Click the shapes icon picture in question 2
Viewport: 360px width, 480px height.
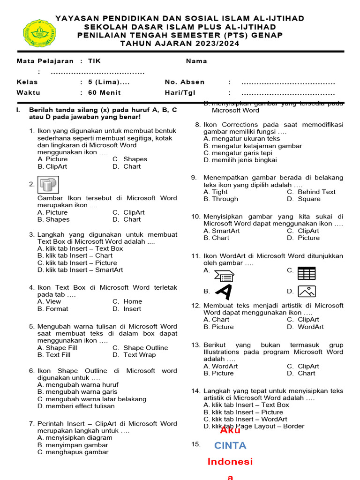tap(47, 185)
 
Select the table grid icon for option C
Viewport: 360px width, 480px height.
tap(307, 273)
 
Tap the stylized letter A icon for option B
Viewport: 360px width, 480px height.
tap(224, 292)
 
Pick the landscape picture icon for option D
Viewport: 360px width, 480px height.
tap(307, 291)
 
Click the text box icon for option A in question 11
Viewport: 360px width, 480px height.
tap(224, 276)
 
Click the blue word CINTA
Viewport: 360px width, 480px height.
tap(230, 445)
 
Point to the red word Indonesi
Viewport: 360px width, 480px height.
tap(230, 462)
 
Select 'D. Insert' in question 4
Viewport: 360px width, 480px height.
tap(127, 309)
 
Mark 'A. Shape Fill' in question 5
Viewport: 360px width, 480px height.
tap(57, 348)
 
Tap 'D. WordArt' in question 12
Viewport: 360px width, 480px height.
tap(305, 327)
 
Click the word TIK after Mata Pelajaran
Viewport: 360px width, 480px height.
tap(94, 61)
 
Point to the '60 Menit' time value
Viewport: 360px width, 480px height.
tap(104, 93)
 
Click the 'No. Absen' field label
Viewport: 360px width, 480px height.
tap(185, 82)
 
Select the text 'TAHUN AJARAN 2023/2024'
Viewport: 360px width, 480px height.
tap(180, 44)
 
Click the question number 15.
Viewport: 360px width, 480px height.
tap(196, 444)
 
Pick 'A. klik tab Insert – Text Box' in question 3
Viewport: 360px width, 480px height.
tap(80, 248)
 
